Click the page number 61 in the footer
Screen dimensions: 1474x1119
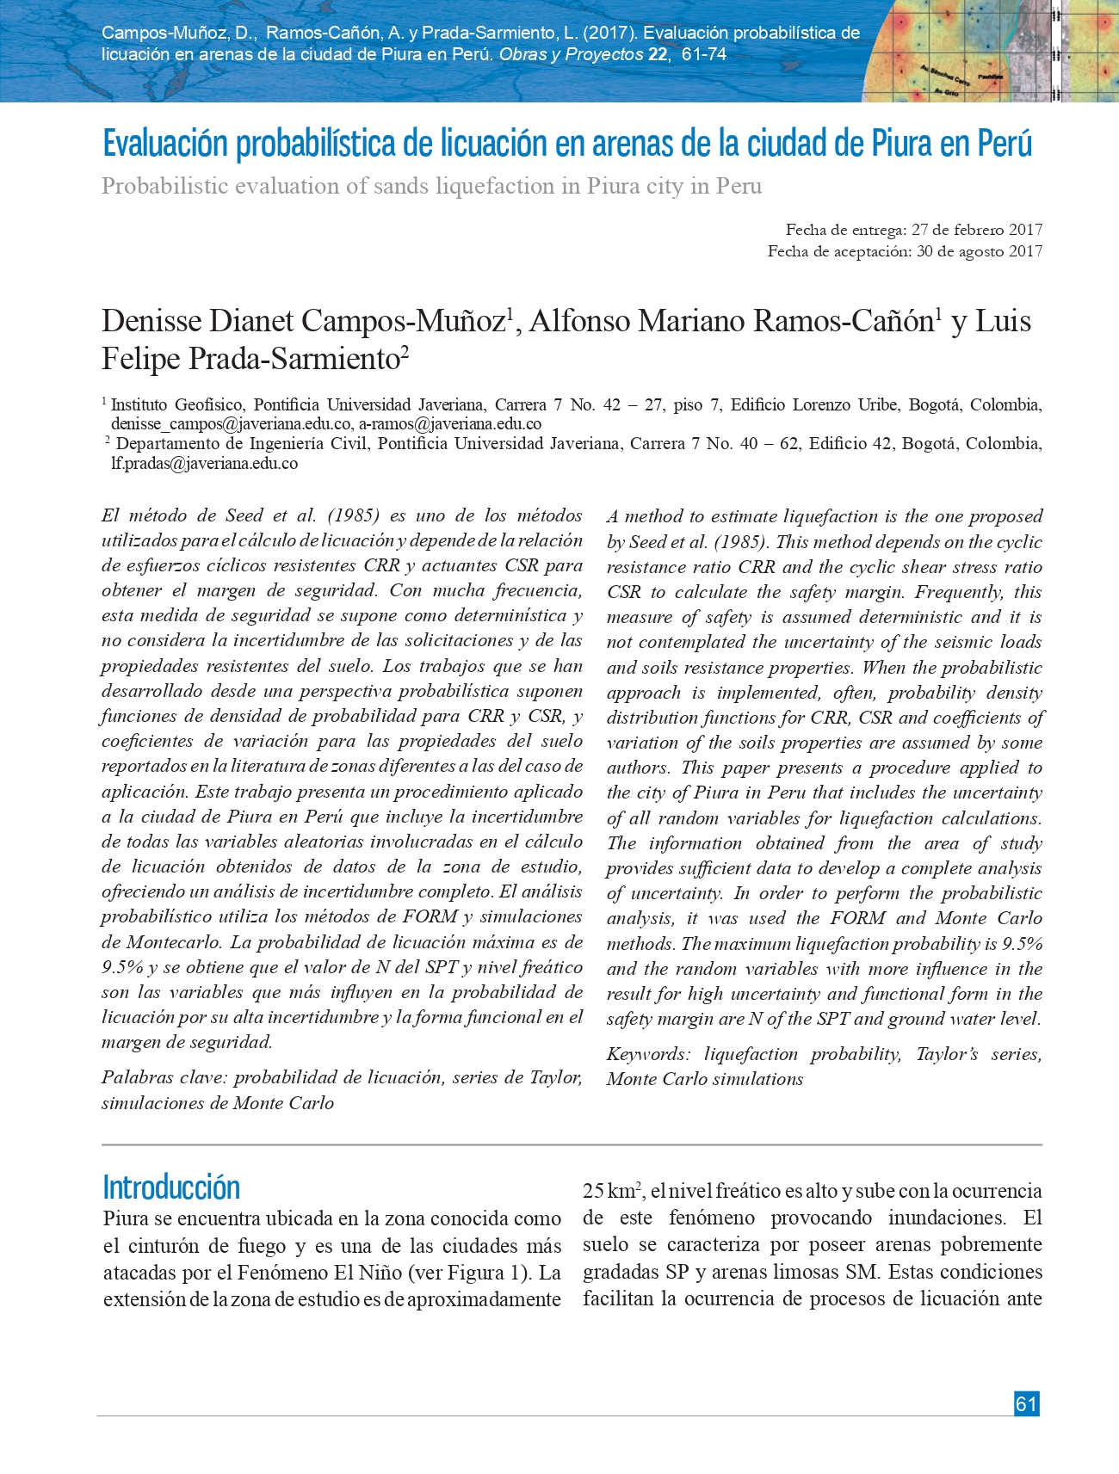1026,1403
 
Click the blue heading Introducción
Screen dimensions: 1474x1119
171,1187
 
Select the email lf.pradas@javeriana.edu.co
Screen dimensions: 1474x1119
204,464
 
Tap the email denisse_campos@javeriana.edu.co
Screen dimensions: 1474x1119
231,424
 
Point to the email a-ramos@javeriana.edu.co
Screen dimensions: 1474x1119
450,424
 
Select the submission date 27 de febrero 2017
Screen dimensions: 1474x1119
977,230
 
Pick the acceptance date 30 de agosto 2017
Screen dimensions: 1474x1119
980,251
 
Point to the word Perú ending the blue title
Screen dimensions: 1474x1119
1004,144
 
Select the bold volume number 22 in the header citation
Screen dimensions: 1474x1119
658,54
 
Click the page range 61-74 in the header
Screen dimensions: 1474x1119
703,54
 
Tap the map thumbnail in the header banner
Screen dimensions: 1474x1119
990,51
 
